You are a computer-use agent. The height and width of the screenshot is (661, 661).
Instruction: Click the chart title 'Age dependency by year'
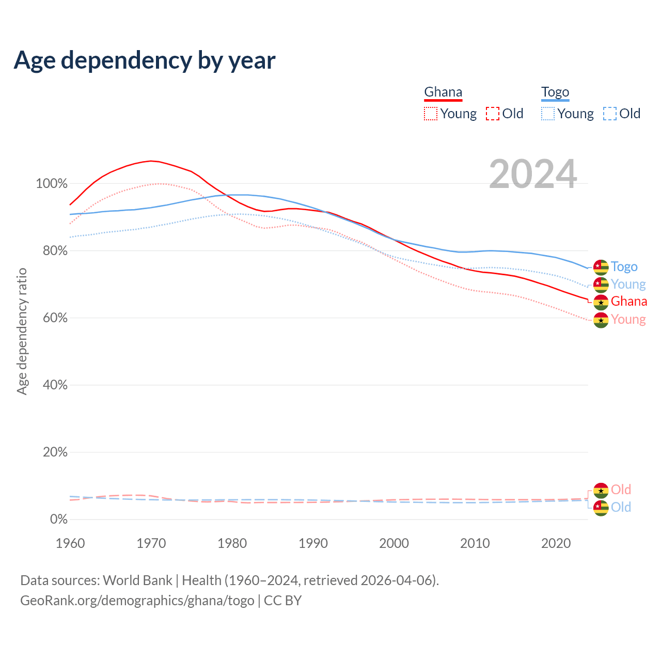145,60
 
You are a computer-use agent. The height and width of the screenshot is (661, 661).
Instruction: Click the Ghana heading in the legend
443,92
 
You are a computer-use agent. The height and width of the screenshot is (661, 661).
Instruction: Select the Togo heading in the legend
555,92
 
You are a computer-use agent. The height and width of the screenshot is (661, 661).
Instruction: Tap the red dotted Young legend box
431,114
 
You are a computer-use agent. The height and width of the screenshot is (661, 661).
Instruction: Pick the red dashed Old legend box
493,114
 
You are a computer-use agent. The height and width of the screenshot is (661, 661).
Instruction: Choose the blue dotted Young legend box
548,114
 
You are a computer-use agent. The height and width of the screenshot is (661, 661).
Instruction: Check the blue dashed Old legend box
610,114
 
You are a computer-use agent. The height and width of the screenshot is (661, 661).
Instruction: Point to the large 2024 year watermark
533,175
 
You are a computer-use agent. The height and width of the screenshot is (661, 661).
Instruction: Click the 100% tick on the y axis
52,184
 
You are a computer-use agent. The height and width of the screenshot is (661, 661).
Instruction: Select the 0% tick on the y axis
58,520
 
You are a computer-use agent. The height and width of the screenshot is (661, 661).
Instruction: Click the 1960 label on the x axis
70,543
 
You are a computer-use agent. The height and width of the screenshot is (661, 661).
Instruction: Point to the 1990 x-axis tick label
313,543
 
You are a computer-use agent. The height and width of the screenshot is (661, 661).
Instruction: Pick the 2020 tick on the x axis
556,543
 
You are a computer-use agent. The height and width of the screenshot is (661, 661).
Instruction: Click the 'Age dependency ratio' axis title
22,331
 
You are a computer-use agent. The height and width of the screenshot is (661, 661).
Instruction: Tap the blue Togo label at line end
624,267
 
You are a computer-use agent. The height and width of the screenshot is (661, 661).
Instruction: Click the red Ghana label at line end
628,302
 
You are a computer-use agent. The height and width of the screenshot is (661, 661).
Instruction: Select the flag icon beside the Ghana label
601,302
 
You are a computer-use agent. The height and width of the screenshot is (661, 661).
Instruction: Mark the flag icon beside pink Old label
601,490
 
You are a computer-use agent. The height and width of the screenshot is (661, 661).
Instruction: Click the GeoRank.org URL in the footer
137,601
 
